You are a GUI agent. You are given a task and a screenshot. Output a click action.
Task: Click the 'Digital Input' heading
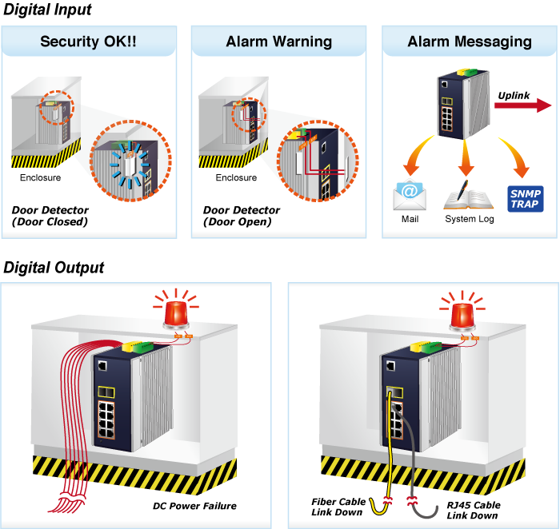(48, 10)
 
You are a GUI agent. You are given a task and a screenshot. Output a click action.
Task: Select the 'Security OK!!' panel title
(88, 42)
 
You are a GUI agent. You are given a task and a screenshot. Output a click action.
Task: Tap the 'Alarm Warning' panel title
(278, 42)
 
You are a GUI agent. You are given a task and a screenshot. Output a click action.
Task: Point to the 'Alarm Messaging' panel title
(470, 42)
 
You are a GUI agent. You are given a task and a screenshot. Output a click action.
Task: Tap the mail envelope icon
(410, 195)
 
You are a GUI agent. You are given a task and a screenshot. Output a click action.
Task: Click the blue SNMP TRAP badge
(525, 198)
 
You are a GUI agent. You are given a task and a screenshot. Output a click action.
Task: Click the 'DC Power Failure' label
(194, 506)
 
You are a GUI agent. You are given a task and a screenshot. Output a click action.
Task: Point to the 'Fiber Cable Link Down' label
(338, 507)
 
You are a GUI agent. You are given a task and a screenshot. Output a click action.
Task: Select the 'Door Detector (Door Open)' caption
(242, 216)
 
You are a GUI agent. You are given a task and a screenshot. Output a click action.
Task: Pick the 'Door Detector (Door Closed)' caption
(50, 216)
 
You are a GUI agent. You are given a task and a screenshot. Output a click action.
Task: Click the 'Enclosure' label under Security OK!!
(40, 177)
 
